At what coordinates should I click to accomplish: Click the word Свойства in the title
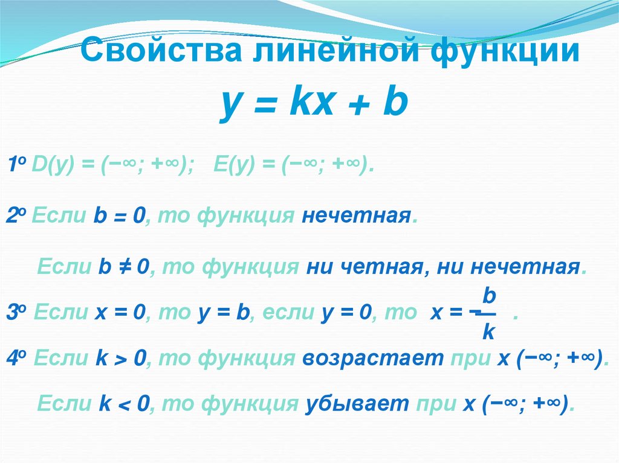[x=161, y=50]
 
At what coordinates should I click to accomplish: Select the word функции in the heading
[x=505, y=51]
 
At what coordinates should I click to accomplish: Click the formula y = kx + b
[x=314, y=103]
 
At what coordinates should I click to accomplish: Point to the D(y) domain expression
[x=112, y=164]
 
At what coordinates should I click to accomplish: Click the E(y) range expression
[x=293, y=164]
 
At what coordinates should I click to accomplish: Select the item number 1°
[x=17, y=164]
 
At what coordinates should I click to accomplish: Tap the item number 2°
[x=16, y=216]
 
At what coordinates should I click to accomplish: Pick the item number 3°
[x=16, y=313]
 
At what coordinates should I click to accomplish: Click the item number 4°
[x=16, y=358]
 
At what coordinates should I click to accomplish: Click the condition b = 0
[x=119, y=216]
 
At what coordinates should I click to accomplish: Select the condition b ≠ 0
[x=124, y=267]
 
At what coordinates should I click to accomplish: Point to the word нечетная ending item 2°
[x=357, y=216]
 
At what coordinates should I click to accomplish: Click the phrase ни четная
[x=365, y=267]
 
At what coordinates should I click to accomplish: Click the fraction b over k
[x=488, y=313]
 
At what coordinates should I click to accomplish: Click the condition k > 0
[x=121, y=358]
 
